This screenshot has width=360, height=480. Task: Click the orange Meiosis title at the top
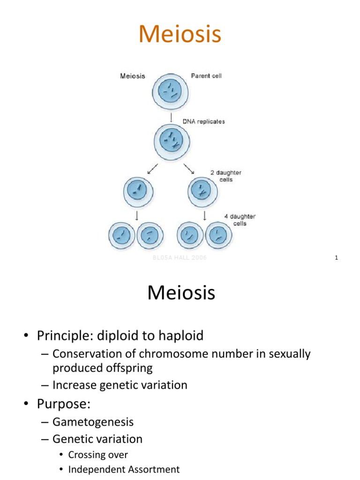(180, 35)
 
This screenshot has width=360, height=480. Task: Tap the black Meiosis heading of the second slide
(181, 293)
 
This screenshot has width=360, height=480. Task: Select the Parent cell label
(206, 76)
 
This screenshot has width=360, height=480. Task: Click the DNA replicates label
(203, 121)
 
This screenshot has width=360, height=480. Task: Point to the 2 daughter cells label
(225, 176)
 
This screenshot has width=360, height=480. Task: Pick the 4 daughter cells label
(240, 220)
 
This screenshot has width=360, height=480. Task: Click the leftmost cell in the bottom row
(121, 234)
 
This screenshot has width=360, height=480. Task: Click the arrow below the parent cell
(170, 115)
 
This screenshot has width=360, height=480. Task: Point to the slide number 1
(337, 258)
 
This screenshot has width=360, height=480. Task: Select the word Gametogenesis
(93, 422)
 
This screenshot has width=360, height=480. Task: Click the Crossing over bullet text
(98, 455)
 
